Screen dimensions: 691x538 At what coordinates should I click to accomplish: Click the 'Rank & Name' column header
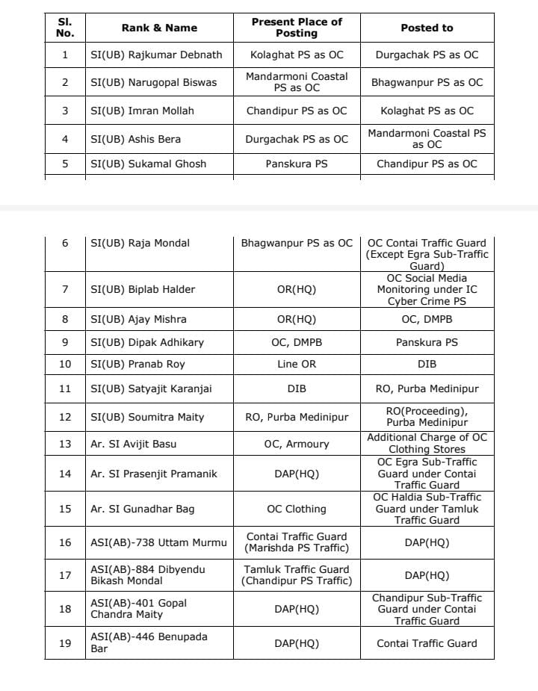[159, 28]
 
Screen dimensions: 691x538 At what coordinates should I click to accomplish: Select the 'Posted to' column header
[427, 28]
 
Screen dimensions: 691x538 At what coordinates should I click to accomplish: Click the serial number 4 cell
[65, 139]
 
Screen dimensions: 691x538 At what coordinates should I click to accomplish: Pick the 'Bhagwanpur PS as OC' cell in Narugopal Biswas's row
[427, 82]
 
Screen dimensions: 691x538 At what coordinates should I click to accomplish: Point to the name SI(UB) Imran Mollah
[142, 111]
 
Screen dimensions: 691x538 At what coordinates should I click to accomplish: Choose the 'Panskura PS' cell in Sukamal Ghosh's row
[297, 164]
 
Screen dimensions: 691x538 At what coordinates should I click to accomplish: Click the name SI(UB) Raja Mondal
[140, 243]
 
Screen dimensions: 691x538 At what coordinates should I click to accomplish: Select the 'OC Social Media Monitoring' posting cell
[427, 289]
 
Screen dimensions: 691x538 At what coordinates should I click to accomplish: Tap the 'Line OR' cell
[297, 364]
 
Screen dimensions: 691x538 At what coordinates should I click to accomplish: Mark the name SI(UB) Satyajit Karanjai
[147, 388]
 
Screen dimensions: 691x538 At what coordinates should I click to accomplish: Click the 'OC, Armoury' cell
[297, 444]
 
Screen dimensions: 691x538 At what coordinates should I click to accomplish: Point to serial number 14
[65, 474]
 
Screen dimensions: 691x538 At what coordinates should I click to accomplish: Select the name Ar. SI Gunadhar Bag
[143, 509]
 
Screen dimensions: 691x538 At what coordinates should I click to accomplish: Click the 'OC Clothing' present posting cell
[297, 509]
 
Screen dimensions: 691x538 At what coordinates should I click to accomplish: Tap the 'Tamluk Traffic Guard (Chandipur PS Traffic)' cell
[297, 575]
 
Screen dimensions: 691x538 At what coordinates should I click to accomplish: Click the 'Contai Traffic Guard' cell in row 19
[427, 643]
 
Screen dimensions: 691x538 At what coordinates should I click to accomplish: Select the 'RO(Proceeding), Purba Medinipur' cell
[427, 417]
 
